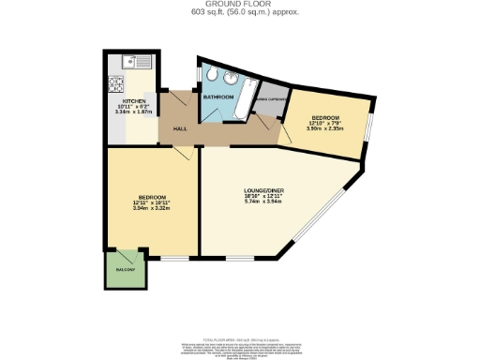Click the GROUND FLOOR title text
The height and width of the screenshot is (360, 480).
[239, 4]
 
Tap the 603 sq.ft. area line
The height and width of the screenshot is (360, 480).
[239, 11]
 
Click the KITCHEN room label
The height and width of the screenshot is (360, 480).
[134, 101]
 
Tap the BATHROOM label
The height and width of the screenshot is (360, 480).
[217, 97]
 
